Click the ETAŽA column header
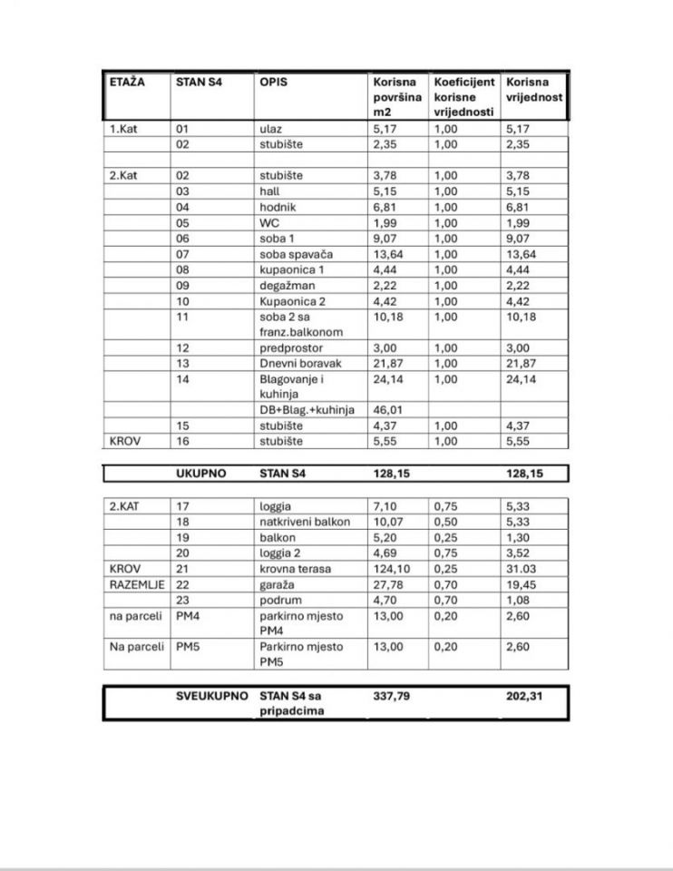[x=127, y=82]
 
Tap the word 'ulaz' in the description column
[x=270, y=129]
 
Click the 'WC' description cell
[x=268, y=223]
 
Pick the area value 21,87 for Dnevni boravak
[x=387, y=363]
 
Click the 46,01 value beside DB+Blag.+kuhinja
[x=387, y=410]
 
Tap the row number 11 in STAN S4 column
[x=182, y=317]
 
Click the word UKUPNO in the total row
[x=200, y=474]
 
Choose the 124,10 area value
[x=391, y=569]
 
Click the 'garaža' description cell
[x=277, y=584]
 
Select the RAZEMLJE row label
[x=137, y=584]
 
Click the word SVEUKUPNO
[x=212, y=696]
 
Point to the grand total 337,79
[x=392, y=696]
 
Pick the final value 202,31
[x=525, y=696]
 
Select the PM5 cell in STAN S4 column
[x=187, y=647]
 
